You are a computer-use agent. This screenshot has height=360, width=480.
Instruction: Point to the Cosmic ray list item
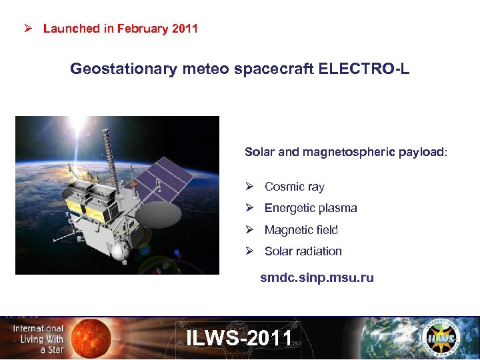tap(294, 187)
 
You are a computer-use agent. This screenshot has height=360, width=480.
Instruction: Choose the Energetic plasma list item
tap(311, 208)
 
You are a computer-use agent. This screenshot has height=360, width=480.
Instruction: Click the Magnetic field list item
tap(301, 230)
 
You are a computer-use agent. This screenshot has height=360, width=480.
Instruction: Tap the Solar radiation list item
tap(303, 251)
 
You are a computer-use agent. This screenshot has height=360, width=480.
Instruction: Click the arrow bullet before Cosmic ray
tap(249, 187)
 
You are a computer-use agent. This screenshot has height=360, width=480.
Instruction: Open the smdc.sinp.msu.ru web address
tap(317, 278)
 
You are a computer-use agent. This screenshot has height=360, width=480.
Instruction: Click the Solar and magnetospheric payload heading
tap(346, 152)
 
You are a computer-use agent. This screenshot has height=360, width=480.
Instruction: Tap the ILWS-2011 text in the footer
tap(239, 338)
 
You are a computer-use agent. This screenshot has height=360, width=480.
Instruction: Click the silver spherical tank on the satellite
tap(121, 251)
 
